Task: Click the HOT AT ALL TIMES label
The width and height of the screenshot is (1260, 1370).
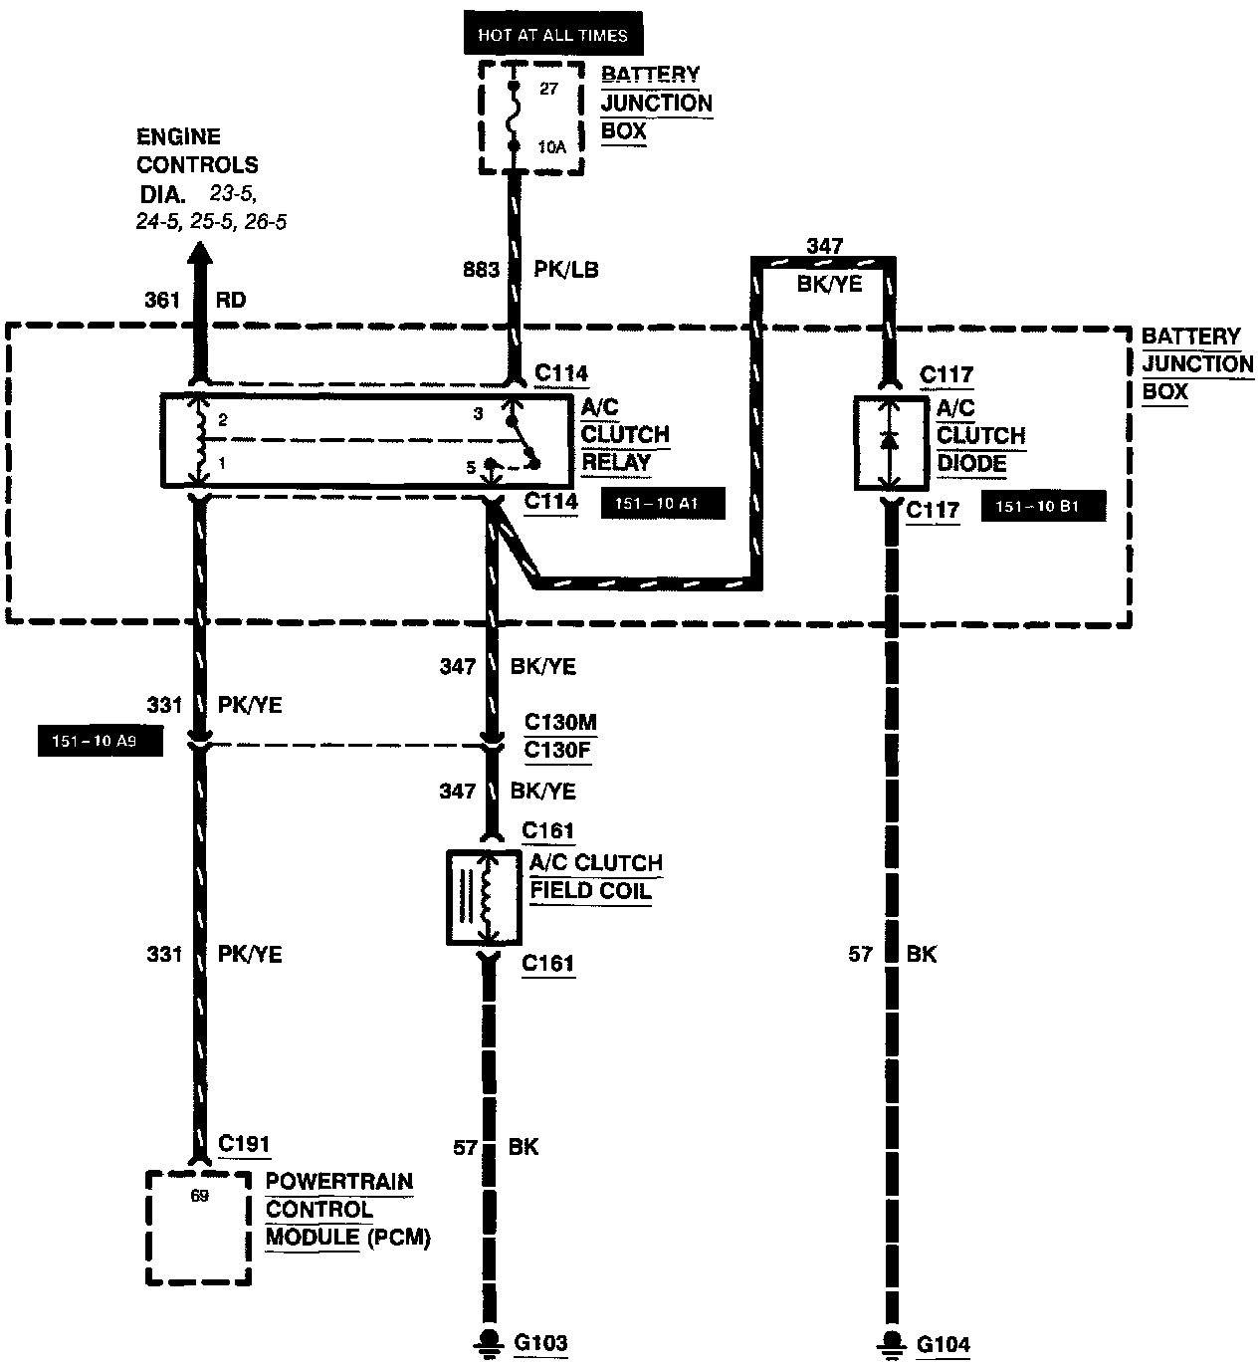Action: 552,35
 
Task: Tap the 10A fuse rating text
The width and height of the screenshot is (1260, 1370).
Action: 550,145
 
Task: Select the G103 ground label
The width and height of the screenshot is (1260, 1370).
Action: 540,1343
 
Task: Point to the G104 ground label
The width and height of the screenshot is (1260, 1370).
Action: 943,1344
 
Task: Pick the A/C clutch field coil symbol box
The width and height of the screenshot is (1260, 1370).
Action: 485,897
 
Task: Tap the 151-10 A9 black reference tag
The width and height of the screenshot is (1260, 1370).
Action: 100,742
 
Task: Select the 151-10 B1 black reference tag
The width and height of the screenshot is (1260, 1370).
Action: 1044,507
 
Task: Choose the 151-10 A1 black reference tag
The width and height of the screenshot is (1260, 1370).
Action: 663,504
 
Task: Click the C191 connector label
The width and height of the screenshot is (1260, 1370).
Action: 243,1144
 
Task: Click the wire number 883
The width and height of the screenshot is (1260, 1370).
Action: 481,270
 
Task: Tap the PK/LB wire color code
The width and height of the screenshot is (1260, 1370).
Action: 566,270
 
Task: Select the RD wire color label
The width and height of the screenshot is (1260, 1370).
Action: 230,300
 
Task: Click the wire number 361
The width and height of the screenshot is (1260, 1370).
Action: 163,300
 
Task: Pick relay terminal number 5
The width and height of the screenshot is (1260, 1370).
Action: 471,466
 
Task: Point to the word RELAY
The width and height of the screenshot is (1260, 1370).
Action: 616,462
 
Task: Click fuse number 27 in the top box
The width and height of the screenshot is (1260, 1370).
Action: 549,89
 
